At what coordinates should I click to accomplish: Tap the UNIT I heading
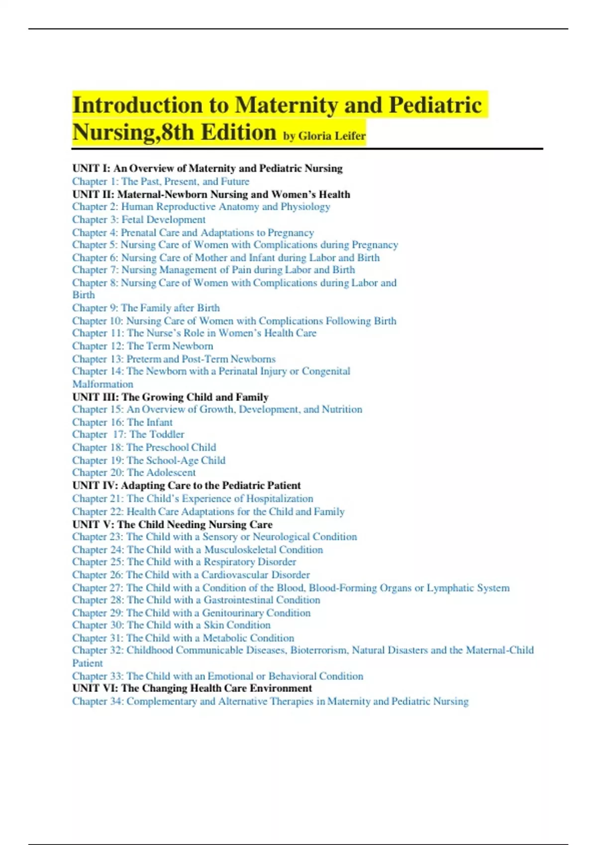(x=207, y=169)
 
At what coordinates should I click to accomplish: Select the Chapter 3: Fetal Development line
(x=138, y=220)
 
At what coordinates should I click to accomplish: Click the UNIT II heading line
(x=211, y=194)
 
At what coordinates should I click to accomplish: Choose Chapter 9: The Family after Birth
(x=146, y=308)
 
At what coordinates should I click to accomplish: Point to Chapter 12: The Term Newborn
(x=142, y=346)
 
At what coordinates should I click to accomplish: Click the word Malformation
(x=102, y=384)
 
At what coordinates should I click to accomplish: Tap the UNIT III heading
(x=170, y=397)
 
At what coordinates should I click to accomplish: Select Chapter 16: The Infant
(x=122, y=422)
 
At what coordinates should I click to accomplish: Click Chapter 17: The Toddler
(x=128, y=434)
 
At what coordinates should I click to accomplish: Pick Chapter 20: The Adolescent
(x=134, y=473)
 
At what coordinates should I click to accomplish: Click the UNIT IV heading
(x=186, y=486)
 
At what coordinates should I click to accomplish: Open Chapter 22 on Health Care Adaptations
(x=208, y=511)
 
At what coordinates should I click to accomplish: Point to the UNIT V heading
(x=172, y=524)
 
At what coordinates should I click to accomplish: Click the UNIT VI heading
(x=192, y=688)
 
